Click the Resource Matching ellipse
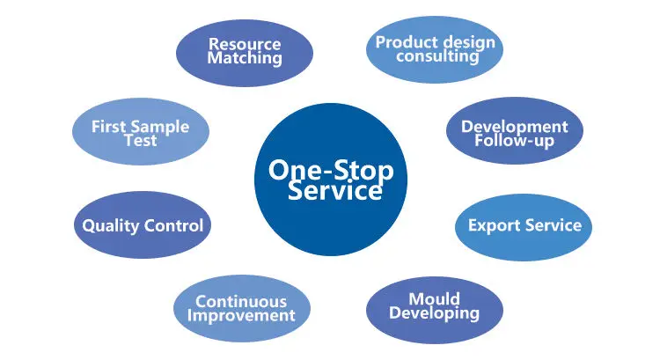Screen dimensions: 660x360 coord(245,51)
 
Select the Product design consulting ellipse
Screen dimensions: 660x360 coord(435,49)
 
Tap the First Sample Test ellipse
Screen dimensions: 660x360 coord(140,133)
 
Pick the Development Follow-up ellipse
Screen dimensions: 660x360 coord(514,133)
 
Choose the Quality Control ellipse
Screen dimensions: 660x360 coord(143,225)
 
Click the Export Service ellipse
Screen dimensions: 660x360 coord(524,225)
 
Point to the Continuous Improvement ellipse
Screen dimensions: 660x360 coord(241,309)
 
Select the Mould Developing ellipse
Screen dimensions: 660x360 coord(434,305)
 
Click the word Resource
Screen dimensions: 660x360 coord(245,44)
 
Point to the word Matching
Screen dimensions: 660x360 coord(245,59)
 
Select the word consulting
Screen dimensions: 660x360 coord(437,57)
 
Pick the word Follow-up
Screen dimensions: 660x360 coord(515,141)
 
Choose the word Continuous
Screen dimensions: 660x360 coord(241,302)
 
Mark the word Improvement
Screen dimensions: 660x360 coord(241,316)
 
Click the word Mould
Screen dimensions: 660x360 coord(434,298)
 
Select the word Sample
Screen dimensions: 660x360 coord(159,126)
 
